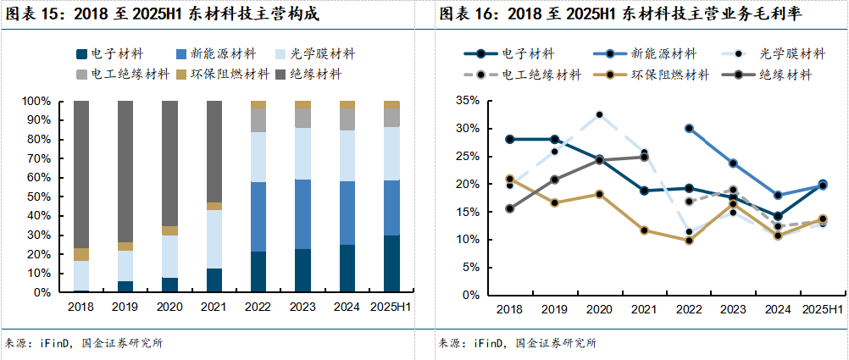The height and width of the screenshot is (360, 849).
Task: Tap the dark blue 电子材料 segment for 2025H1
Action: [391, 263]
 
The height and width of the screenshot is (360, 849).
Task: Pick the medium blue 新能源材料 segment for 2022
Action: [258, 217]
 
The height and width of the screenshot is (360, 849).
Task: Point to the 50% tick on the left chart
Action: [41, 197]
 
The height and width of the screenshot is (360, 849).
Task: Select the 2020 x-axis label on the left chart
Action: [169, 307]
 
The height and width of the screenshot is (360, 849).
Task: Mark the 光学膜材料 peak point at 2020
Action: [599, 114]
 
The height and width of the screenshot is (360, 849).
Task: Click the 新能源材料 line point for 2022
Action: [689, 129]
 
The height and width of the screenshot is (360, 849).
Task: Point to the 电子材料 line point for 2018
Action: [509, 139]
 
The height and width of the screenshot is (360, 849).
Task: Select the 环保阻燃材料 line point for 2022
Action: [689, 241]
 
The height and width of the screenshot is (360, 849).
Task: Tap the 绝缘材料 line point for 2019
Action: [554, 180]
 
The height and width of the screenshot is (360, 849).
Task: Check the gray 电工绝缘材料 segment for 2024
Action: [347, 119]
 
